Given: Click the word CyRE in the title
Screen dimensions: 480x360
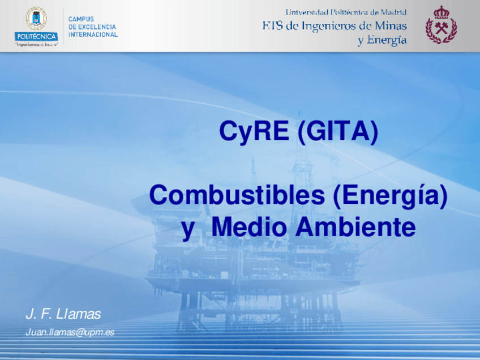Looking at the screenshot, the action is (x=254, y=131).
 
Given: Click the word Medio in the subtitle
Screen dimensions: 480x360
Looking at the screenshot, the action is (x=248, y=227).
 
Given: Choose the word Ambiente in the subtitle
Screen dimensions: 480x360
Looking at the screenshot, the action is (x=355, y=227).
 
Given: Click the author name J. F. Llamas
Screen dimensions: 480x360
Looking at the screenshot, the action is (x=63, y=314).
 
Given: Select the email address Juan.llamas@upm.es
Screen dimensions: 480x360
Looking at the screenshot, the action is (x=70, y=332).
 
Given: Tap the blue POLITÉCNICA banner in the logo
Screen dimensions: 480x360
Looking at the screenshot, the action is (x=36, y=37).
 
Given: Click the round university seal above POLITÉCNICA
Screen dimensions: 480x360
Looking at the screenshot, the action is (x=36, y=18).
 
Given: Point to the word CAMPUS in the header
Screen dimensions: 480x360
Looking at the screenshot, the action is (x=81, y=19).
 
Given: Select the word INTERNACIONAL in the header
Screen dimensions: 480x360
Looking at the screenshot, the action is (x=93, y=35).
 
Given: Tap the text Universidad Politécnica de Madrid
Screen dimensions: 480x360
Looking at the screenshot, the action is (x=346, y=12).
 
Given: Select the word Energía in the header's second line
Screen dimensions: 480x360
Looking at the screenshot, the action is (x=387, y=40).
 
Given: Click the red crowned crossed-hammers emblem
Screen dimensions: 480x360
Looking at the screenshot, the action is (x=441, y=25).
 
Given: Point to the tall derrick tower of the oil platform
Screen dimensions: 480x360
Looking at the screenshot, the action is (x=302, y=183).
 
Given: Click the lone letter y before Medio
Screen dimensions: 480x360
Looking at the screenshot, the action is (x=188, y=230).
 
